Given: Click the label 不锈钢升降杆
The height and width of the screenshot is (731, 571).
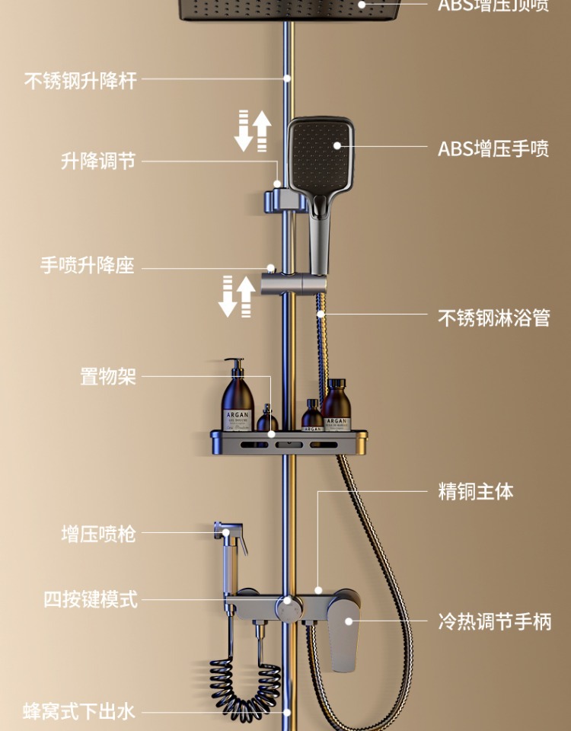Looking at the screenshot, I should tap(81, 81).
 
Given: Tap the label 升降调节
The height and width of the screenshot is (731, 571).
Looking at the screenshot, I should tap(98, 161).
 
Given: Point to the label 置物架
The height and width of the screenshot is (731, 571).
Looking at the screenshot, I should tap(108, 376).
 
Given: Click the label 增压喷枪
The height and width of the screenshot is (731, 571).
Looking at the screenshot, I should tap(98, 534).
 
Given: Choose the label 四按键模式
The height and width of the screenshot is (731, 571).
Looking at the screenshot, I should tap(90, 599).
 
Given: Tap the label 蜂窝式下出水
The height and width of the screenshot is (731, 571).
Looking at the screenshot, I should tap(79, 712).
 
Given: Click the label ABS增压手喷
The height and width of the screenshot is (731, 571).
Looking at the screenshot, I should tap(493, 148).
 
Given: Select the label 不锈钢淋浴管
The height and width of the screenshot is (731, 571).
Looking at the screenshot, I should tap(493, 317).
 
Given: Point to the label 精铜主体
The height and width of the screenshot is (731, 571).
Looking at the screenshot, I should tap(476, 492).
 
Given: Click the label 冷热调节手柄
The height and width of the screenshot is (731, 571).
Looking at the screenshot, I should tap(494, 622).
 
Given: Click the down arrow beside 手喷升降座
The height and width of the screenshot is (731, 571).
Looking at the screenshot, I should tap(228, 296).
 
